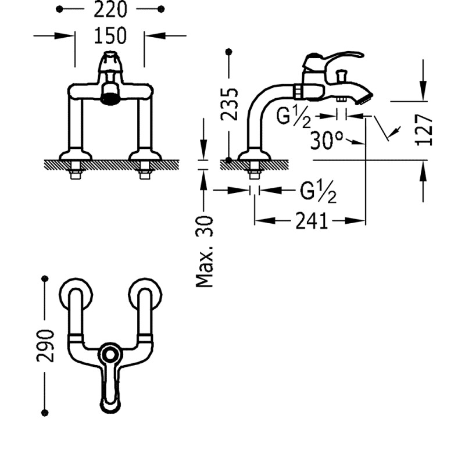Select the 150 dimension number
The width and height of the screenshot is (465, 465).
pos(110,35)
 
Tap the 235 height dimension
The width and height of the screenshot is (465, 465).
pos(231,103)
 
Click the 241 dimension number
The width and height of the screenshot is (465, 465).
pos(312,221)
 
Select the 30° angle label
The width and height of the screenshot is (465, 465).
pos(327,140)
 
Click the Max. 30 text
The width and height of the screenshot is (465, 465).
pos(204,251)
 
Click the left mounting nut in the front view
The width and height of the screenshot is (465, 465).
pos(76,171)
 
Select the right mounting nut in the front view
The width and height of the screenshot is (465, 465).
pos(145,171)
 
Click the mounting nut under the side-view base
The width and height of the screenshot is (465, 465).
pos(255,171)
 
